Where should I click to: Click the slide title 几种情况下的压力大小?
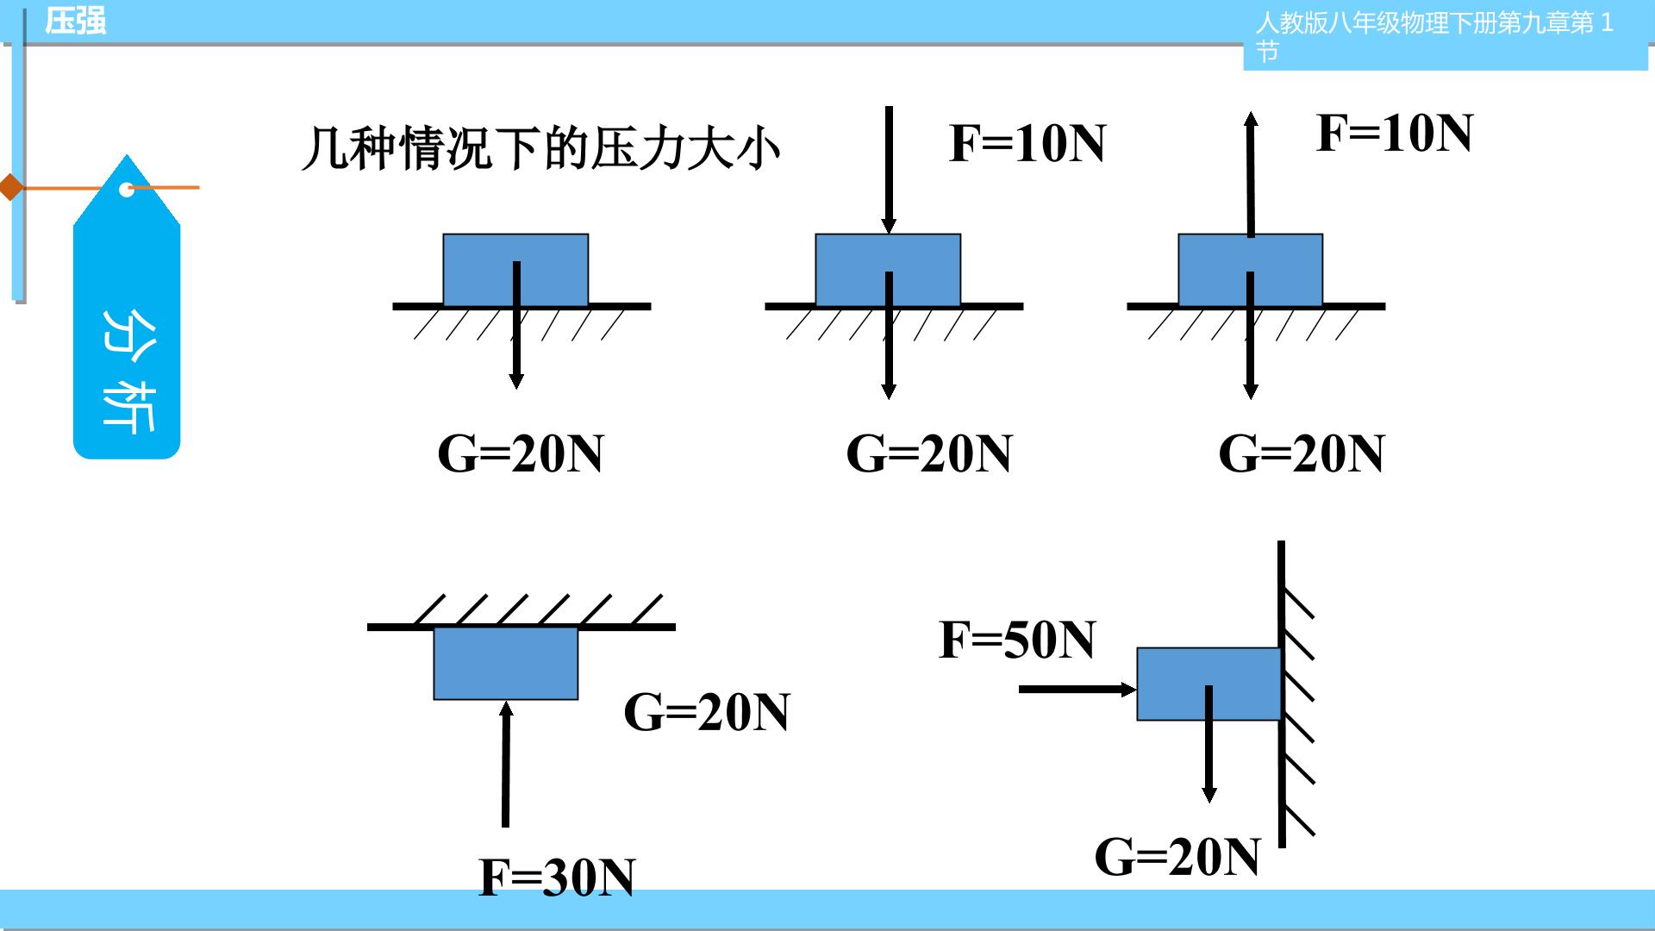coord(540,148)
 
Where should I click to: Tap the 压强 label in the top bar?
coord(76,21)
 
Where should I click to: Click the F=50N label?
coord(1017,640)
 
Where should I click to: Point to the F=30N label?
coord(557,878)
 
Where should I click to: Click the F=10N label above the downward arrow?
coord(1027,143)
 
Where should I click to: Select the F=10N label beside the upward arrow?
coord(1395,133)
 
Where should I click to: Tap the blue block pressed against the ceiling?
coord(506,663)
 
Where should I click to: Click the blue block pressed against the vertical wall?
coord(1208,684)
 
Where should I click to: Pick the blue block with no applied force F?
coord(515,270)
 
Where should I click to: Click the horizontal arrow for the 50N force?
coord(1078,689)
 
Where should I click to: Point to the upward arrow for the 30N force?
coord(506,764)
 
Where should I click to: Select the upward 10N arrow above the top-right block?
coord(1251,173)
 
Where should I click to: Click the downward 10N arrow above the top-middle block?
coord(889,170)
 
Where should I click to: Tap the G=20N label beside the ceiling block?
coord(707,712)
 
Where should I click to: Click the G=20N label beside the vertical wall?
coord(1177,857)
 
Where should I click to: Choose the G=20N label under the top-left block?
coord(521,453)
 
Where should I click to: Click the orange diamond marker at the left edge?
coord(11,186)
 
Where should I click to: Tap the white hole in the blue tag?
coord(127,189)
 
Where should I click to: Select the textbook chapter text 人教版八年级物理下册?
coord(1376,22)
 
